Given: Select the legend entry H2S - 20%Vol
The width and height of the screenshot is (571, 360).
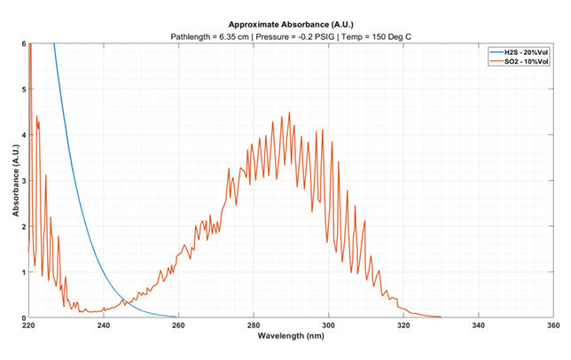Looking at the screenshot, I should point(521,53).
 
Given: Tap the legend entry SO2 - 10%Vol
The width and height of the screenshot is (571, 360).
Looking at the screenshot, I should point(521,62).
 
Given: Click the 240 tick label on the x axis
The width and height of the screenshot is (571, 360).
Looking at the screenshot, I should point(104,325).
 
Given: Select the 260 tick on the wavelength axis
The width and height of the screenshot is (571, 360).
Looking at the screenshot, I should point(179,325).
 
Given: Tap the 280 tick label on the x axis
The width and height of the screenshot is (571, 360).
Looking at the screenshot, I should point(254,325).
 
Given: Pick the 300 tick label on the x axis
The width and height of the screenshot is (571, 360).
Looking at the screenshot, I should point(329,325).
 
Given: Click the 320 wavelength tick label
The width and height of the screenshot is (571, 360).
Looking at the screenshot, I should point(404,325).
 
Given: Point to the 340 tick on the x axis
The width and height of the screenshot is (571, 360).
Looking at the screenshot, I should point(480,325).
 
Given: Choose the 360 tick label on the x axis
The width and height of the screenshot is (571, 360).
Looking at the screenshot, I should point(554,325).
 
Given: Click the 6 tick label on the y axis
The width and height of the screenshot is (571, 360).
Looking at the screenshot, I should point(23,43).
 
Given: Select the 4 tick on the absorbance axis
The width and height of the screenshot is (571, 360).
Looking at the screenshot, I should point(23,135).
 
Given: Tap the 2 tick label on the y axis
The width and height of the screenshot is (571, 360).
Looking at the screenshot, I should point(23,226).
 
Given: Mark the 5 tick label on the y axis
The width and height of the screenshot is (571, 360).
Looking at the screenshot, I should point(23,90).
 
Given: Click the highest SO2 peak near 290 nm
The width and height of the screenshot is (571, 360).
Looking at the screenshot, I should point(289,113).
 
